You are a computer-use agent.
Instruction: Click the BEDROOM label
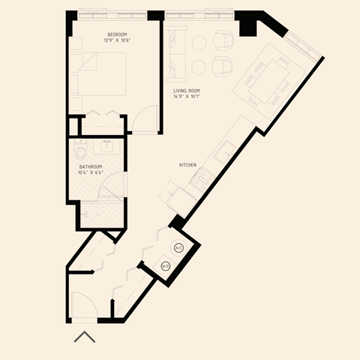click(117, 34)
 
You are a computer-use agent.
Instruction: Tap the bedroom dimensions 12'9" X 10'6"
click(117, 40)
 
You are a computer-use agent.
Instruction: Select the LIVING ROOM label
click(186, 89)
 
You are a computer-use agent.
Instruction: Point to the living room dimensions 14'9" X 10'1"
click(186, 95)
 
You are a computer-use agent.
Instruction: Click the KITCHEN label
click(187, 164)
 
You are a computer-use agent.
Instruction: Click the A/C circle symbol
click(178, 247)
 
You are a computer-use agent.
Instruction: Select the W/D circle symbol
click(166, 265)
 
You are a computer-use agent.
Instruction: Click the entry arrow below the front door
click(85, 337)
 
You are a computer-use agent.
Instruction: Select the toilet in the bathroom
click(85, 213)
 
